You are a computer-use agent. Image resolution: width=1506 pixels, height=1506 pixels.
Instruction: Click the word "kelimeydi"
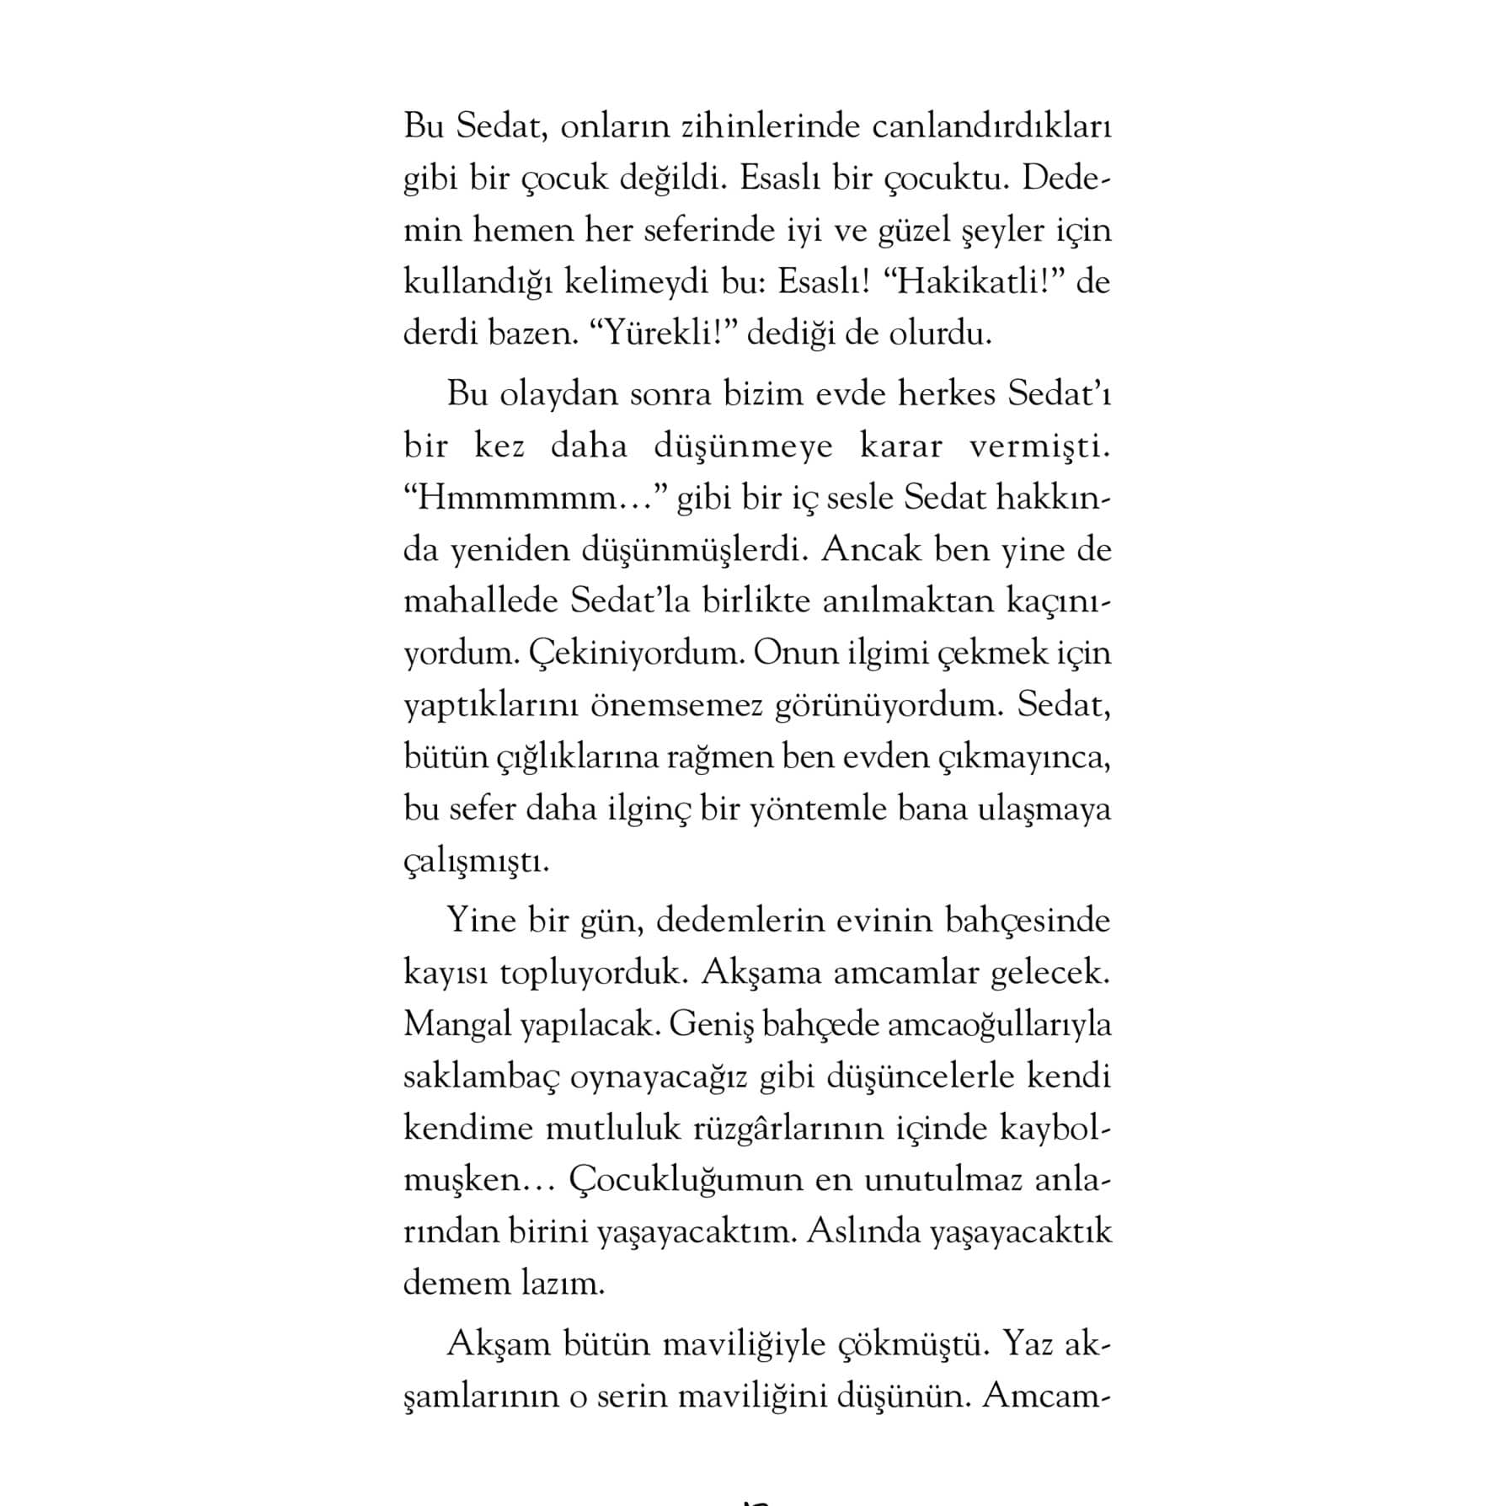(x=637, y=281)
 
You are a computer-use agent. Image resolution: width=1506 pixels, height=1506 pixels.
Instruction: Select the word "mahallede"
(x=481, y=601)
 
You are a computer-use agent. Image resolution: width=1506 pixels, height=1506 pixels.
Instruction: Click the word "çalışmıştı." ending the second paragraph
(x=476, y=862)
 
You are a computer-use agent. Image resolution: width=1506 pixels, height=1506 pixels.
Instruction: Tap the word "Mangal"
(x=457, y=1025)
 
